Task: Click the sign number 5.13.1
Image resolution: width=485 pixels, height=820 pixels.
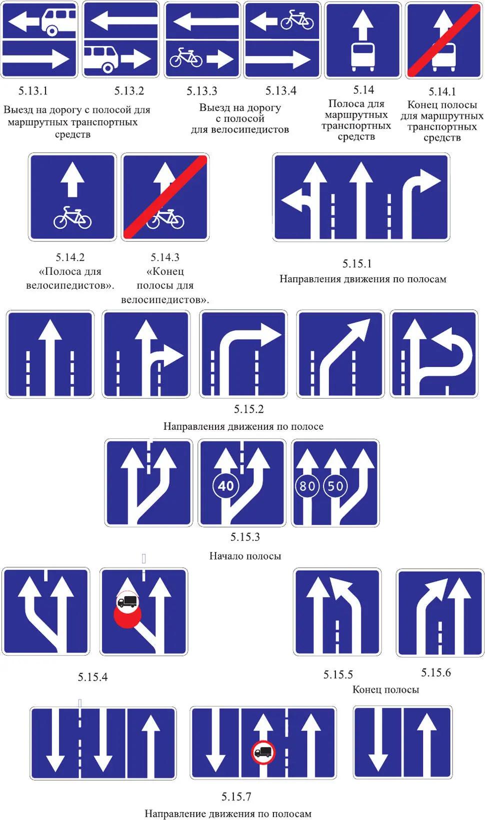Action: point(33,90)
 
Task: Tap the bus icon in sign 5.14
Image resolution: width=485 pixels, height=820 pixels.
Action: point(362,57)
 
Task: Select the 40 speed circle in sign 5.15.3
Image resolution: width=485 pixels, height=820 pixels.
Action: point(225,486)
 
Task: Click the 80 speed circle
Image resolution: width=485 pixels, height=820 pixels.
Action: point(307,486)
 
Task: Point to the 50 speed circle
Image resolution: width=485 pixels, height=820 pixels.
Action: point(335,486)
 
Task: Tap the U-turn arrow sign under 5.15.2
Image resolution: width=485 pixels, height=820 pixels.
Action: point(434,354)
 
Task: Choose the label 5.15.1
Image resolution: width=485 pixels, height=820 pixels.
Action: point(357,263)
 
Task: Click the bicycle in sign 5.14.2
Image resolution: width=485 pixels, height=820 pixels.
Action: point(72,217)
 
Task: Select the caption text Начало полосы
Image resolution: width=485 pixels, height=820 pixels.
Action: point(245,556)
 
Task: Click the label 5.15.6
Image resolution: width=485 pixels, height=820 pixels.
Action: point(435,672)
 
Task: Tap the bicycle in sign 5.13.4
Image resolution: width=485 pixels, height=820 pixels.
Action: point(297,20)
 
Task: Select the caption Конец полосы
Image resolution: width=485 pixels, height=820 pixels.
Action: point(385,690)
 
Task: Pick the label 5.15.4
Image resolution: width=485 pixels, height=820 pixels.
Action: point(92,677)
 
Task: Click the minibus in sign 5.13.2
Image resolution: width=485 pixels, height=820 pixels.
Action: point(101,58)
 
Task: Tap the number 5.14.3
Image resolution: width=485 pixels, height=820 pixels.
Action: point(165,257)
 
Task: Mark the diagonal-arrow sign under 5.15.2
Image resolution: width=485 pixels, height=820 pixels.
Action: point(340,354)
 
